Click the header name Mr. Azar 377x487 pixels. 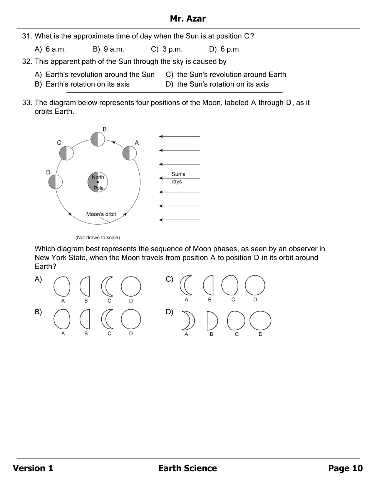188,19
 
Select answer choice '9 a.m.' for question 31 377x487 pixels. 114,49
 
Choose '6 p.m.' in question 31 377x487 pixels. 230,49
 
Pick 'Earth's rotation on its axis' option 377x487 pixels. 87,84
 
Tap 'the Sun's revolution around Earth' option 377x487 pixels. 231,75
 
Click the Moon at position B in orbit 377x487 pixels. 98,139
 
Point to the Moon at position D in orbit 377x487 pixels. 55,182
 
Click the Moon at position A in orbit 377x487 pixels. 129,153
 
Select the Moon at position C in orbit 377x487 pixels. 66,153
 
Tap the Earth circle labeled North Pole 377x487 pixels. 97,182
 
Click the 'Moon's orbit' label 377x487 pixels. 101,214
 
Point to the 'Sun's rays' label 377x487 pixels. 178,178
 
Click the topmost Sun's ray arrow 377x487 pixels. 179,137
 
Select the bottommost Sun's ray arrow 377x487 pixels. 179,220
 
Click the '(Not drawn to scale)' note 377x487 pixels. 97,238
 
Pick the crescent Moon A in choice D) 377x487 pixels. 188,321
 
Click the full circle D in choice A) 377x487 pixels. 131,287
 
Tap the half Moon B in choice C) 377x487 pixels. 208,285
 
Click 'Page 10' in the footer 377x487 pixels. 345,468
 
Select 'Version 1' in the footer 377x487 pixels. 33,468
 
